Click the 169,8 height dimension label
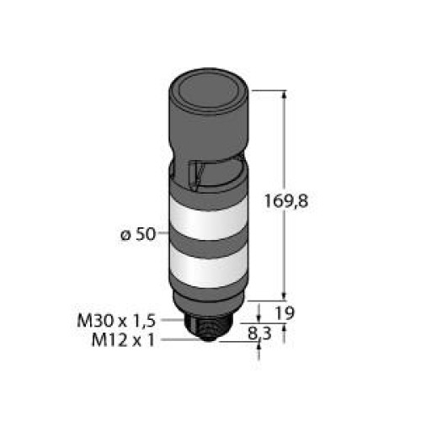coord(286,201)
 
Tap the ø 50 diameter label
coord(138,234)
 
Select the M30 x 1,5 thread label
coord(116,321)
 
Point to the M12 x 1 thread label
coord(123,341)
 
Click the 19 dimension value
coord(285,313)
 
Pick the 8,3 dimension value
coord(259,334)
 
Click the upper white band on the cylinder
coord(208,218)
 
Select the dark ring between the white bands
coord(208,245)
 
